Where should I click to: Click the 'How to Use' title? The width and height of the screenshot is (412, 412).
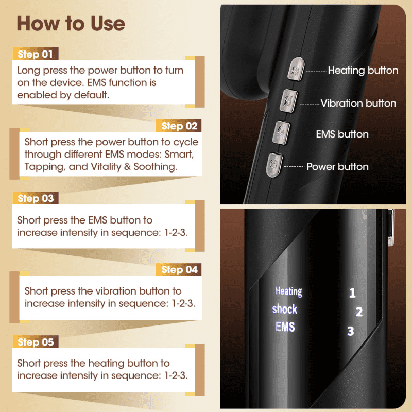point(71,23)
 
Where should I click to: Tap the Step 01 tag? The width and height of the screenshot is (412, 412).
point(36,54)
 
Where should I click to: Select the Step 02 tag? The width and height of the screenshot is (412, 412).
point(179,126)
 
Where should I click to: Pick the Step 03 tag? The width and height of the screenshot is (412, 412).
point(36,198)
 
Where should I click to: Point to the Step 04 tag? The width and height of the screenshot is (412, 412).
point(179,269)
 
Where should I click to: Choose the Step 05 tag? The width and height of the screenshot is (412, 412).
point(36,342)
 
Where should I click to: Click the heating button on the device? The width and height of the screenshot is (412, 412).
point(296,69)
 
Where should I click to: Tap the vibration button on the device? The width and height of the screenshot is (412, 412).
point(288,101)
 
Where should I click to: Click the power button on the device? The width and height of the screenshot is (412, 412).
point(274,165)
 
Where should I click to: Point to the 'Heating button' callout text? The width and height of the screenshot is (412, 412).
point(363,71)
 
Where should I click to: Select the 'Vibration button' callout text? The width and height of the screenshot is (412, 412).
point(358,104)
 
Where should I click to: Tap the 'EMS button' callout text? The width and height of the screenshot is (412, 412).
point(342,134)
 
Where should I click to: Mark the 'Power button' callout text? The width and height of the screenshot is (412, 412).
point(337,167)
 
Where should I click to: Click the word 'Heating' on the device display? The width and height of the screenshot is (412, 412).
point(289,291)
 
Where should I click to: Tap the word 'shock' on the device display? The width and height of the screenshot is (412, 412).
point(285,309)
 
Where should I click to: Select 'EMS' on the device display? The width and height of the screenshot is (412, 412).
point(285,327)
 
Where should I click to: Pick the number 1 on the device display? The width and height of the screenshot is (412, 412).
point(352,293)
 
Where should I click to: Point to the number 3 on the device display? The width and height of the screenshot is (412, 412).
point(351,331)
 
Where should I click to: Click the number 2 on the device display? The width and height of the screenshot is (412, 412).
point(359,312)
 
